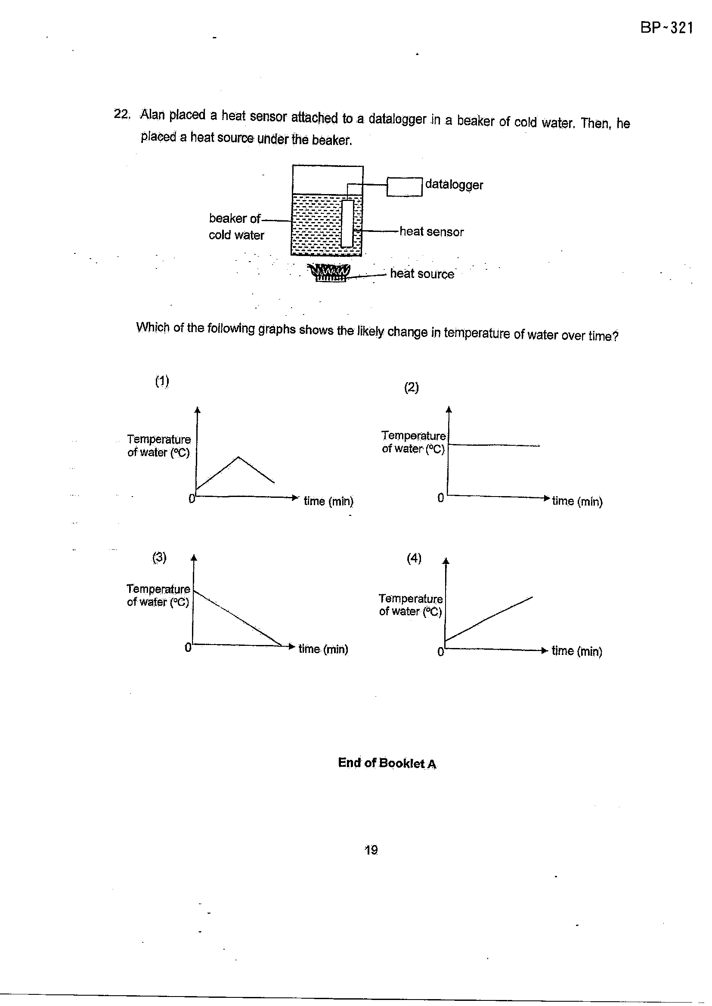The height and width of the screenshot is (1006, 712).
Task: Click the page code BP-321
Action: pyautogui.click(x=666, y=28)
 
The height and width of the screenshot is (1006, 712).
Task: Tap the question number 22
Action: pyautogui.click(x=122, y=114)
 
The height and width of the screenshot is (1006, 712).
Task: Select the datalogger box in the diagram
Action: pyautogui.click(x=404, y=187)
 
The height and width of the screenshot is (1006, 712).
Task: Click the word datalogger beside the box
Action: pyautogui.click(x=454, y=185)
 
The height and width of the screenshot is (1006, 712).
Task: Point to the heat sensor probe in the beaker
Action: pyautogui.click(x=347, y=223)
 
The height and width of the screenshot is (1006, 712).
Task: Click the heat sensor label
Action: pyautogui.click(x=431, y=231)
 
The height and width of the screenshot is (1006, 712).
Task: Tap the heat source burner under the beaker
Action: pyautogui.click(x=330, y=272)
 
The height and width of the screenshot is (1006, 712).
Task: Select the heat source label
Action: pyautogui.click(x=422, y=274)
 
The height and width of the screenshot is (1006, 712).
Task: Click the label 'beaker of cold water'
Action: pyautogui.click(x=236, y=226)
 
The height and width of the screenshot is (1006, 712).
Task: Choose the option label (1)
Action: pyautogui.click(x=162, y=381)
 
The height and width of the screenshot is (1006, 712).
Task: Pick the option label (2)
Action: pyautogui.click(x=411, y=387)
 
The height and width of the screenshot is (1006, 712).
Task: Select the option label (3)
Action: pyautogui.click(x=159, y=557)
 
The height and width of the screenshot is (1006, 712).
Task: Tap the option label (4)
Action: pyautogui.click(x=414, y=558)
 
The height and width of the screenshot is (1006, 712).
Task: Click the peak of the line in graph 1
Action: pyautogui.click(x=238, y=457)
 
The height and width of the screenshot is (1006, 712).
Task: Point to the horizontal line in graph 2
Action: pyautogui.click(x=494, y=445)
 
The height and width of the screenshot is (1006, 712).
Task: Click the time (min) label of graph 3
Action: pyautogui.click(x=323, y=649)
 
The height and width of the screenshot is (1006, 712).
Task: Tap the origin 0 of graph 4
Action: pyautogui.click(x=441, y=652)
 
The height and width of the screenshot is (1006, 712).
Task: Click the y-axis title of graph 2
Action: pyautogui.click(x=413, y=441)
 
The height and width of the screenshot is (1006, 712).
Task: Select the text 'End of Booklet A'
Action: pyautogui.click(x=387, y=763)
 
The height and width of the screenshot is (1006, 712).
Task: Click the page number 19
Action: pyautogui.click(x=371, y=850)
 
